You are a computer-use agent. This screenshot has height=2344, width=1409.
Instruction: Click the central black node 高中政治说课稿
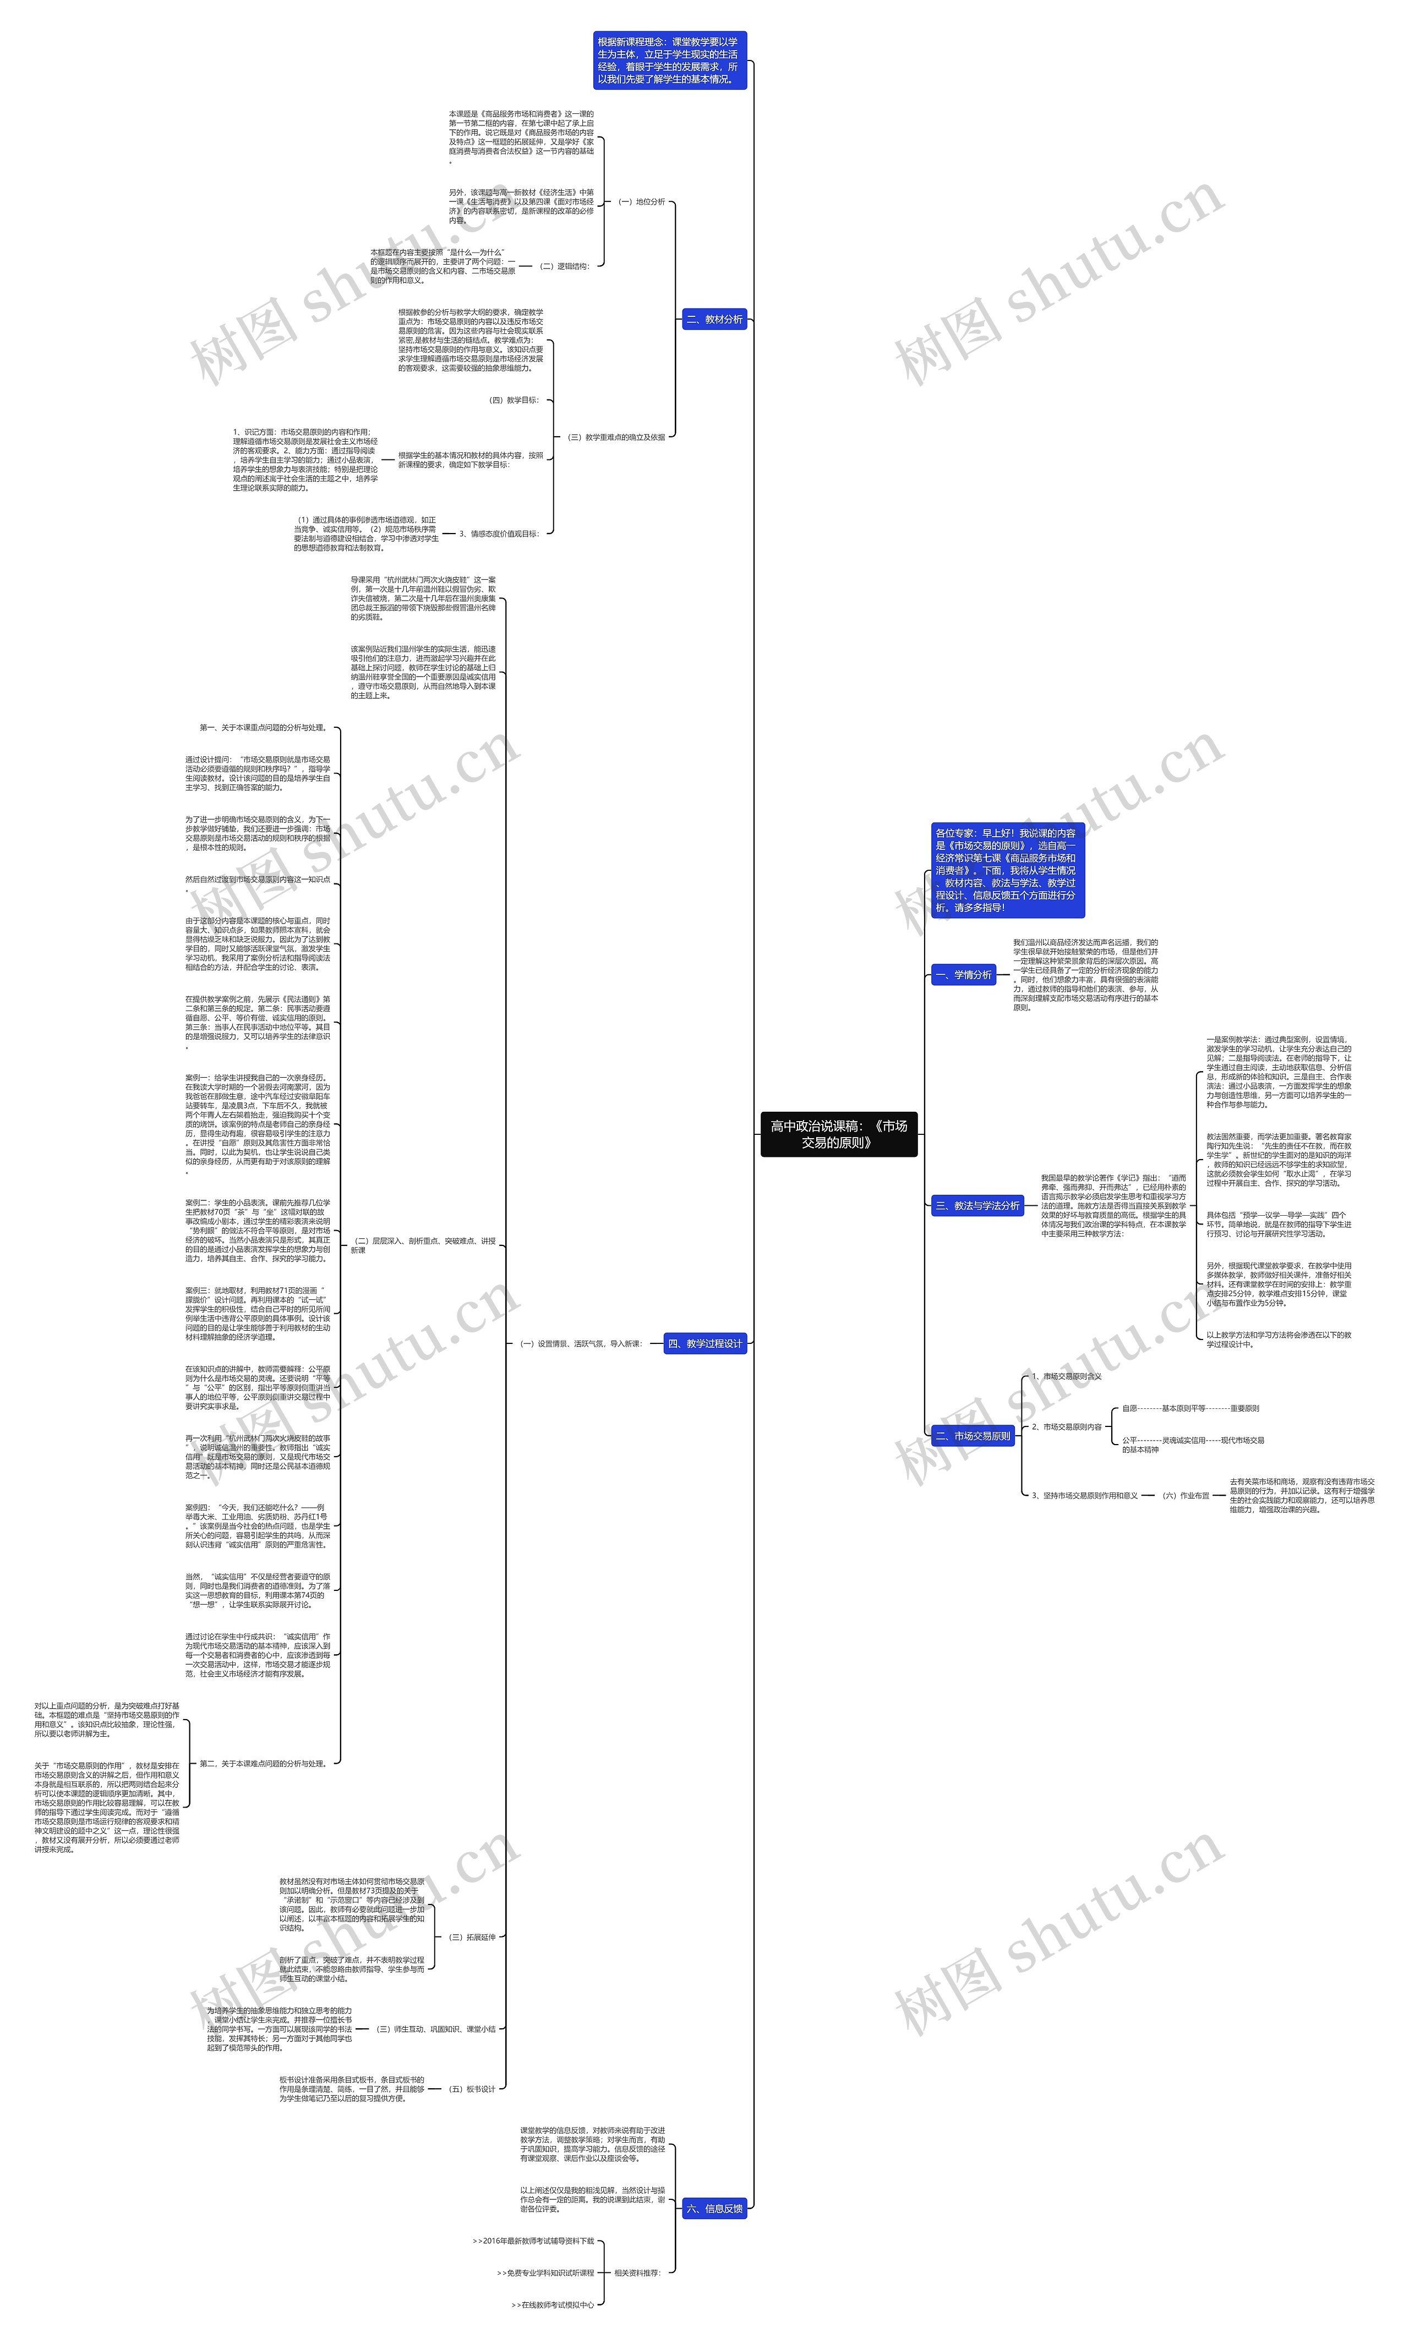838,1134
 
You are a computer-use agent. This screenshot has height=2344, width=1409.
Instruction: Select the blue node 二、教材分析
714,320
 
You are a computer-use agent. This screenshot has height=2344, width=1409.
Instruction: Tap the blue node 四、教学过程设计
704,1343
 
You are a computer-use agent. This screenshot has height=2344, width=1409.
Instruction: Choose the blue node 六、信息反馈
714,2208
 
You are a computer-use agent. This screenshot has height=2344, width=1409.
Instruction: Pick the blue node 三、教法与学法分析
977,1205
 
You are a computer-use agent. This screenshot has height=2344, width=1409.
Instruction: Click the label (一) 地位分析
642,202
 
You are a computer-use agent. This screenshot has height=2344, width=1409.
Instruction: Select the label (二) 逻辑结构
564,267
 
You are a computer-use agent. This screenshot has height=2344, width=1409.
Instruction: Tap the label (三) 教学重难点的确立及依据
615,437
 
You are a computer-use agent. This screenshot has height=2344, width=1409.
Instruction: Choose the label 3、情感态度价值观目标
499,534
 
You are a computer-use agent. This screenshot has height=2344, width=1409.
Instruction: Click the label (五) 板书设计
471,2089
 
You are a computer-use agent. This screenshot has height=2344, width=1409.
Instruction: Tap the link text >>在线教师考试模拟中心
553,2305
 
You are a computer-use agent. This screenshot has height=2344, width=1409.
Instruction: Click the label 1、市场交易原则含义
1066,1376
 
